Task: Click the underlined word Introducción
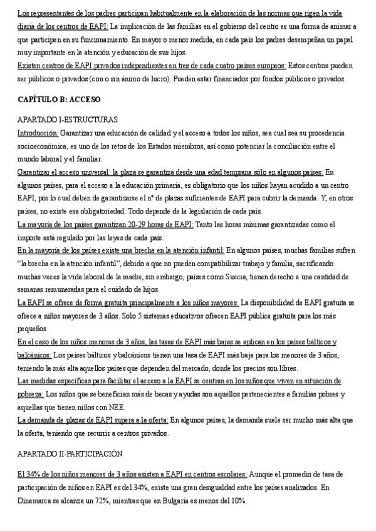click(x=38, y=133)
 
